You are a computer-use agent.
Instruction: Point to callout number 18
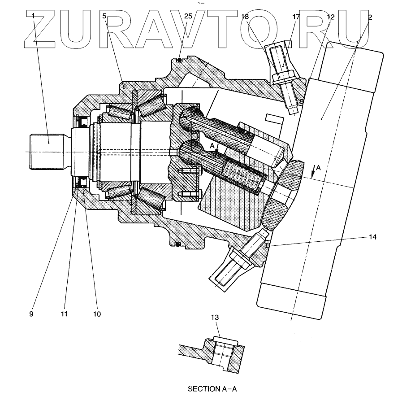244,17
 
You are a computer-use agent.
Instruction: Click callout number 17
296,17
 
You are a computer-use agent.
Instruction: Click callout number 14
373,236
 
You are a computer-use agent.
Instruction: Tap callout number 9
31,314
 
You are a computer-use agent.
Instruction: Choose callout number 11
64,314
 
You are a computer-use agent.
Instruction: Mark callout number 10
97,314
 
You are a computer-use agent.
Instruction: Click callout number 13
215,318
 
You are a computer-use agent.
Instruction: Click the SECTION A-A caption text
213,389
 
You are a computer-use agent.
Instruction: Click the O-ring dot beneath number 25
179,60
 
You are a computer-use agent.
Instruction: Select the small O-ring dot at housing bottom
178,245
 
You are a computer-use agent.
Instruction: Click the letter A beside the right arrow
318,167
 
